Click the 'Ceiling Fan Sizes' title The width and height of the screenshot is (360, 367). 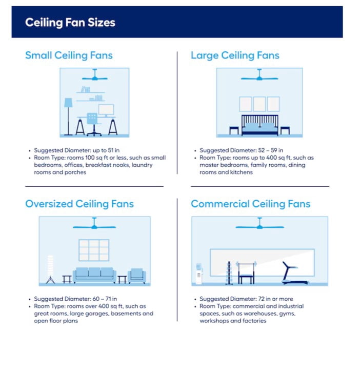tap(70, 23)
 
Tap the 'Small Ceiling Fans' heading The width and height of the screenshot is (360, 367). tap(69, 56)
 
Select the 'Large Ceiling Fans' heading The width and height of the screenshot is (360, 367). tap(235, 56)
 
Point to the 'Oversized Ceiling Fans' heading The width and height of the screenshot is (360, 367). tap(79, 204)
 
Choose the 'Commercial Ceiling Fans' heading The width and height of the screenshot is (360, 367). tap(251, 204)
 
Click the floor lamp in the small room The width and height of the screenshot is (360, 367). tap(68, 117)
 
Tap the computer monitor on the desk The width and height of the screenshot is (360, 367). tap(106, 110)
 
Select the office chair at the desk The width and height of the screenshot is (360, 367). tap(93, 125)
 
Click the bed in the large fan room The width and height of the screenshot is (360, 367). tap(260, 125)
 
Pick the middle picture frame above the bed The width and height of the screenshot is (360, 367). tap(259, 104)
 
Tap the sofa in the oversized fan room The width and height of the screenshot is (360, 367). tap(94, 275)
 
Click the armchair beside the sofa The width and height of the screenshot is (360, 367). tap(137, 276)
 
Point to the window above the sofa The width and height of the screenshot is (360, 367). tap(94, 250)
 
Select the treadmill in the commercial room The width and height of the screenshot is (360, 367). tap(294, 273)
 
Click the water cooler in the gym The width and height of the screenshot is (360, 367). tap(199, 274)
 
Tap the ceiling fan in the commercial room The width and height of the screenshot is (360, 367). tap(259, 224)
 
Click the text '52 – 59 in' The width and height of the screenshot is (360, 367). tap(271, 150)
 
